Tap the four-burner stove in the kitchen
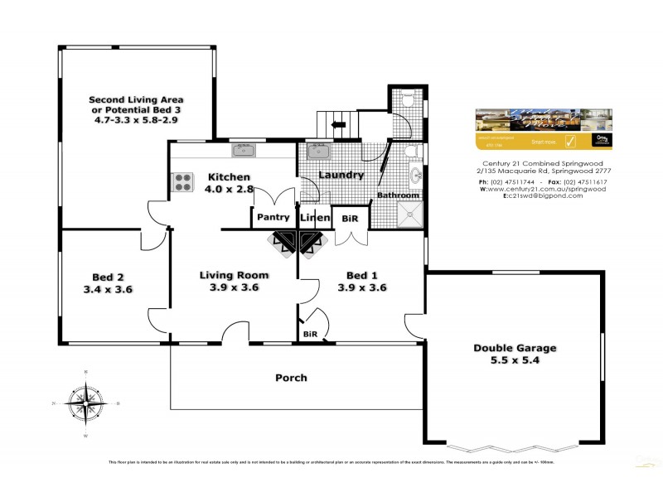pos(181,182)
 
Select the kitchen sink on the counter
pos(244,150)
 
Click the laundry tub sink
pos(319,152)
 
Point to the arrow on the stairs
pos(339,126)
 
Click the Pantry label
pos(273,217)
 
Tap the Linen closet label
pos(315,217)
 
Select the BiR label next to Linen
pos(350,217)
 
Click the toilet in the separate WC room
pos(405,101)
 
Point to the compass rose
pos(86,404)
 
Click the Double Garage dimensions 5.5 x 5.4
pos(515,362)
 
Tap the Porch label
pos(291,378)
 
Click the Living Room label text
pos(235,275)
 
